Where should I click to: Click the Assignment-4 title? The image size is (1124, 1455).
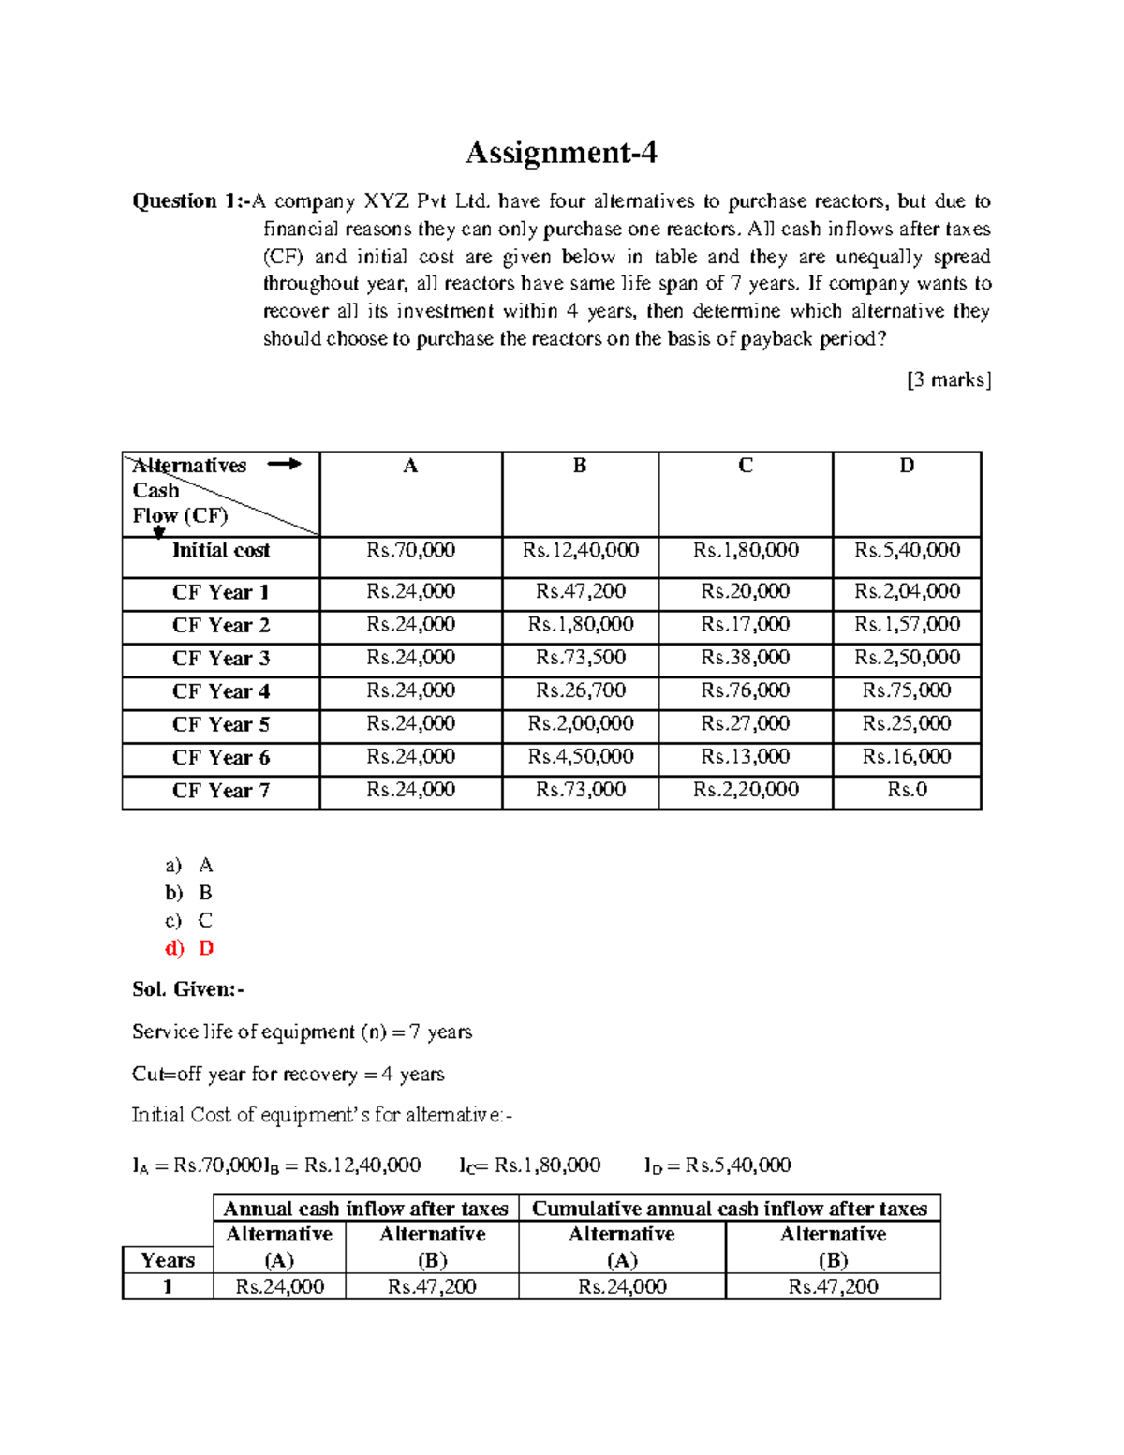[561, 152]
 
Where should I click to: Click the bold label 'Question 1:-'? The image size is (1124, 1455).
[190, 201]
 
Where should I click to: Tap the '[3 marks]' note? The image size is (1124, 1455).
[948, 379]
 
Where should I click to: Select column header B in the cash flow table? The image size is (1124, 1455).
[580, 466]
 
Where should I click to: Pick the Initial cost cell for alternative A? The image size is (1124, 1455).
[410, 551]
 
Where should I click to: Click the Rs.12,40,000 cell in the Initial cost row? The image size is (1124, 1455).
[581, 551]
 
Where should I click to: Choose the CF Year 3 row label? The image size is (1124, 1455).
[220, 659]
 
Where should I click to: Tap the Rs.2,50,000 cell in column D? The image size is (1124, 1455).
[907, 658]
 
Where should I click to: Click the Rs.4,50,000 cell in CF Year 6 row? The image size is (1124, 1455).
[581, 757]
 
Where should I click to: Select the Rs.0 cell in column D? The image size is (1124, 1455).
[907, 790]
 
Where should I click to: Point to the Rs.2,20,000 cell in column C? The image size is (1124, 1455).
[746, 790]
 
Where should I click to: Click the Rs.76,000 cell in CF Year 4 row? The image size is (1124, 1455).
[746, 690]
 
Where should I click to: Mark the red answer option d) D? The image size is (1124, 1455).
[189, 948]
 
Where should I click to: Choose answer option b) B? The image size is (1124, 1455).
[189, 893]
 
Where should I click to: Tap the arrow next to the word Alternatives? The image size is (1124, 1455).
[284, 464]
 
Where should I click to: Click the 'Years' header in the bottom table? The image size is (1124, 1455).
[168, 1260]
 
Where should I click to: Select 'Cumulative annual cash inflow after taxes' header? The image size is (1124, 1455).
[730, 1209]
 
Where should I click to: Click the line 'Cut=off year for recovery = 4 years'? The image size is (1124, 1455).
[288, 1074]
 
